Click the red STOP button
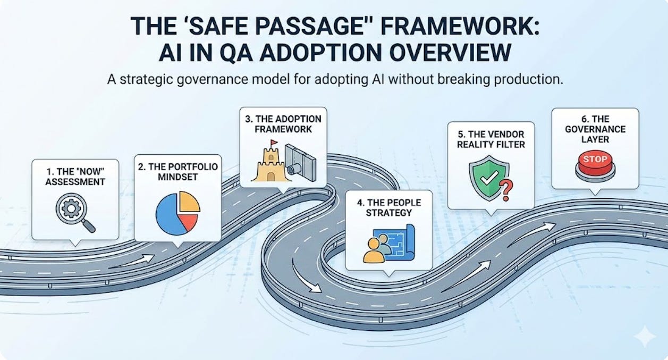[595, 160]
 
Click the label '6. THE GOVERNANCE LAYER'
[595, 129]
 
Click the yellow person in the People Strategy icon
[374, 252]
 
